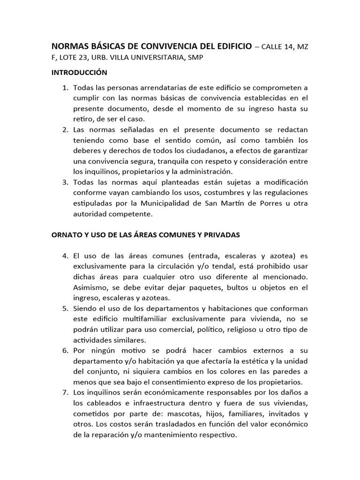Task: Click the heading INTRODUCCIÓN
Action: click(79, 73)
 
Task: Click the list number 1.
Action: click(65, 88)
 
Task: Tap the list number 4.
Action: click(65, 256)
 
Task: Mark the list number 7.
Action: click(65, 392)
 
